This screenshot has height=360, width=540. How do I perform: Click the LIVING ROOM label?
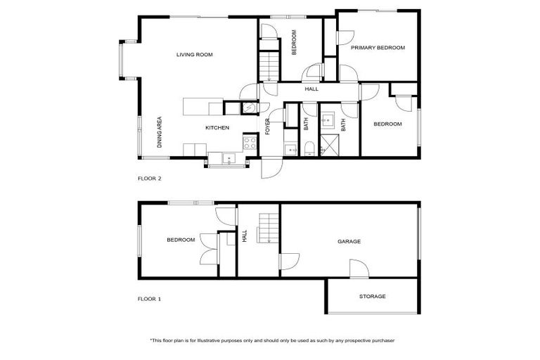click(195, 54)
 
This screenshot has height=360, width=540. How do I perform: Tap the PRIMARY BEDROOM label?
click(378, 48)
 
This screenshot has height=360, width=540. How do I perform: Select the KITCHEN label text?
click(217, 128)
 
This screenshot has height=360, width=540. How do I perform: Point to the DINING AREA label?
click(160, 131)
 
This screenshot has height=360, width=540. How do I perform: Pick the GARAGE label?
click(349, 241)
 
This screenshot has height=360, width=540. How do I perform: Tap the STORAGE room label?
click(372, 297)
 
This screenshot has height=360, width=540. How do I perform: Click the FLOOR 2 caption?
click(149, 179)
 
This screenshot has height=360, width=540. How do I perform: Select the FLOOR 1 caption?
click(149, 299)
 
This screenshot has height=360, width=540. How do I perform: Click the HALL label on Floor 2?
click(311, 89)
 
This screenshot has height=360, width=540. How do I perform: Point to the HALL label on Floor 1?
click(245, 238)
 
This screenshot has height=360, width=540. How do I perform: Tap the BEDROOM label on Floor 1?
click(181, 240)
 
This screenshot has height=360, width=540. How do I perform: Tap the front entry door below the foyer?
click(271, 168)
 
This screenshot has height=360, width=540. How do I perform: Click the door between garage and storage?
click(358, 269)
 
